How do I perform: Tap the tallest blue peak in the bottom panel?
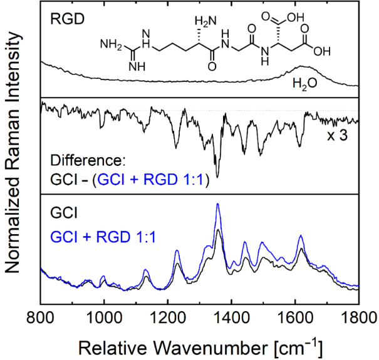pyautogui.click(x=217, y=204)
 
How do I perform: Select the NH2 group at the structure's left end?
pyautogui.click(x=110, y=45)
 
